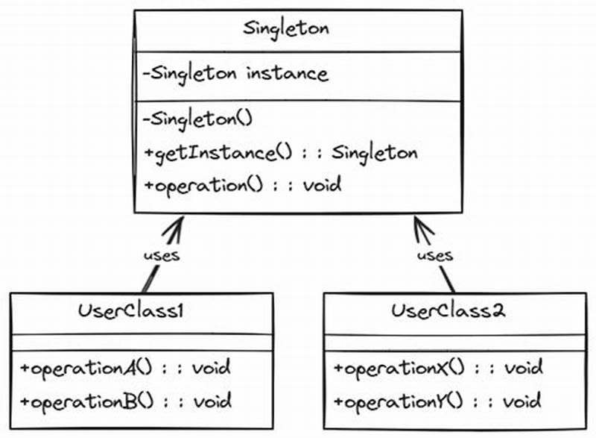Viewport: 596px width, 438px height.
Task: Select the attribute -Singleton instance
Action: click(235, 75)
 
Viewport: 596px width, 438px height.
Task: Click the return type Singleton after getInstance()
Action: click(374, 153)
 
